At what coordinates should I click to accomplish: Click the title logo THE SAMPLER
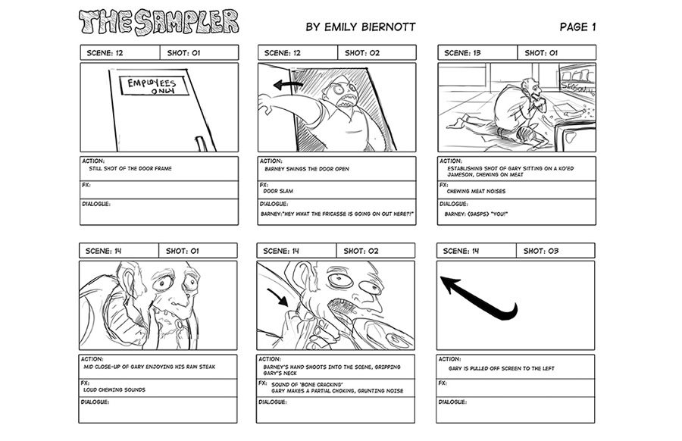coord(158,23)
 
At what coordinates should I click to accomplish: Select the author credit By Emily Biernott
coord(360,27)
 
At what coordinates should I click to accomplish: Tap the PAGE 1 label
coord(577,27)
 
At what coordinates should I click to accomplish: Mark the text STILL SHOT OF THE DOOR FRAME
coord(130,168)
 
